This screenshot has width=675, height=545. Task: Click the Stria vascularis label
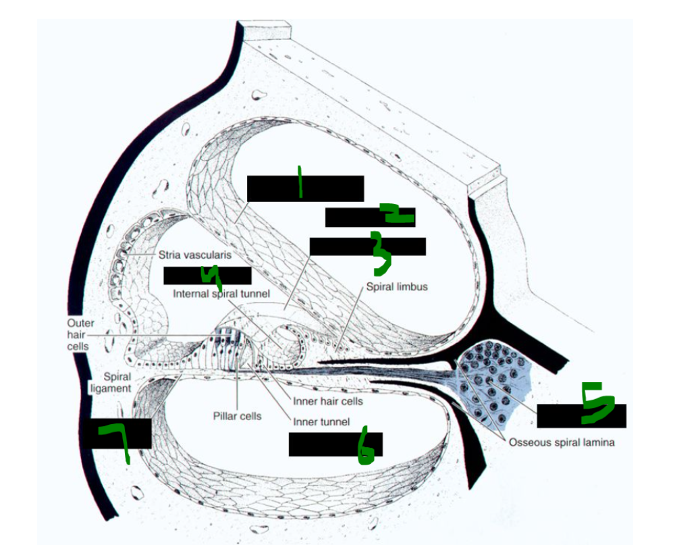click(x=195, y=255)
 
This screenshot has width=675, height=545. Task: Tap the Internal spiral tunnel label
click(x=221, y=294)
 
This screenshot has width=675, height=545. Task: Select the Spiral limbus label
click(x=397, y=287)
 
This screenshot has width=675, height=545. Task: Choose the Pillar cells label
click(x=237, y=416)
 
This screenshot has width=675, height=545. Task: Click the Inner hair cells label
click(x=328, y=401)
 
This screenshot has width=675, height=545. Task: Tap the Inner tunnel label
click(x=321, y=422)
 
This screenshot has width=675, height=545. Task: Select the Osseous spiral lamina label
click(x=561, y=443)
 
